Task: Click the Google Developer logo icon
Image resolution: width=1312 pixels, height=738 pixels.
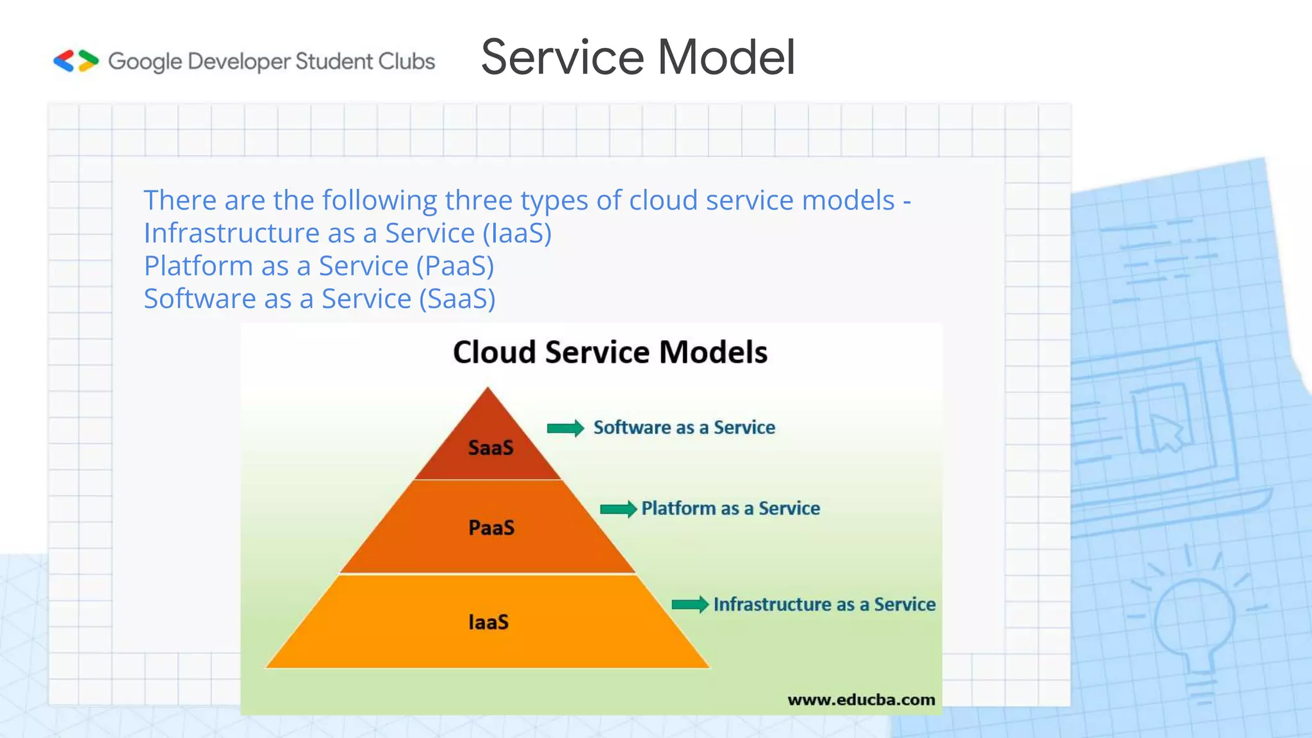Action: click(76, 61)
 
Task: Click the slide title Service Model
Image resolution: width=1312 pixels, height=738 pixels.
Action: click(637, 58)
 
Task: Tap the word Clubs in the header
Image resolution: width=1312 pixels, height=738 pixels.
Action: click(406, 61)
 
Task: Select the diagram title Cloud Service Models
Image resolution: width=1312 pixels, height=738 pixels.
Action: click(610, 352)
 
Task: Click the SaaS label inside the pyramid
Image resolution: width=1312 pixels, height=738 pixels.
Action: click(491, 447)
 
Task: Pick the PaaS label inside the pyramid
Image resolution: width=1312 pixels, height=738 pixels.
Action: click(491, 528)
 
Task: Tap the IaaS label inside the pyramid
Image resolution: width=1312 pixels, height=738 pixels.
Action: click(489, 622)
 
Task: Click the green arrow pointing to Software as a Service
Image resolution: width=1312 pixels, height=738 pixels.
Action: click(565, 428)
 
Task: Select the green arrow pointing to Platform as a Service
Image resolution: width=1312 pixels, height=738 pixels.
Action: click(618, 509)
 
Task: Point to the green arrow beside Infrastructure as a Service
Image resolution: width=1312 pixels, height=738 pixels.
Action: click(690, 604)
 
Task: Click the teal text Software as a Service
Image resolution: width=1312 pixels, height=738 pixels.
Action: click(684, 427)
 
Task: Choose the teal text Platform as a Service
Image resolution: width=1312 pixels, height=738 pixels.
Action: click(730, 509)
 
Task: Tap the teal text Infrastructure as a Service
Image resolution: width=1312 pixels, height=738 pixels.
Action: click(824, 604)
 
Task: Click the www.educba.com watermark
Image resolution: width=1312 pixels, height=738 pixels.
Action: click(861, 700)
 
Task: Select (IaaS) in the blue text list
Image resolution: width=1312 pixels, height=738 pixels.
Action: click(517, 233)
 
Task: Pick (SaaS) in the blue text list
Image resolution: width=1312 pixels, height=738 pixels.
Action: click(457, 299)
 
